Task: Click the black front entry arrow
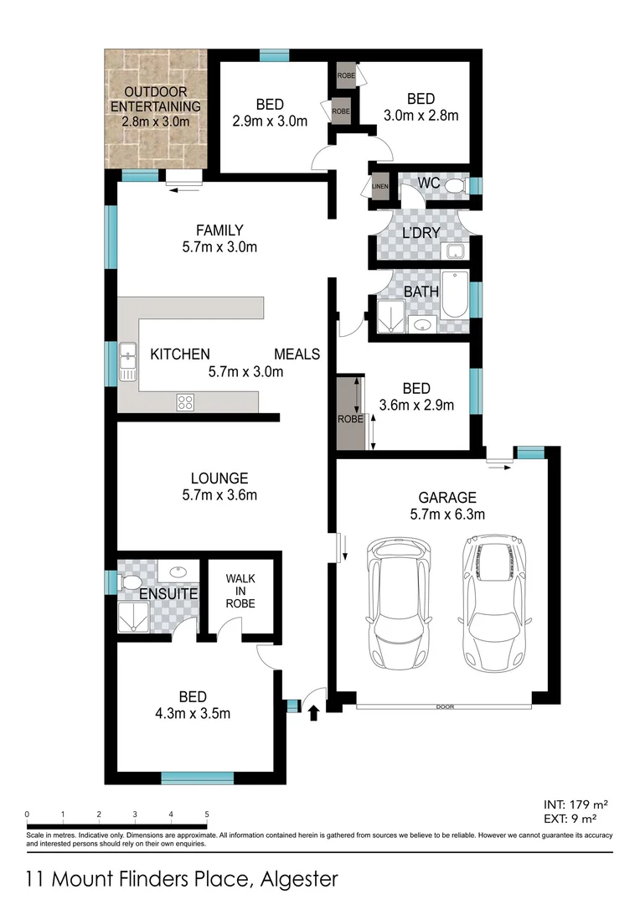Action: (315, 713)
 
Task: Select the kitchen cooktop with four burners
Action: (185, 402)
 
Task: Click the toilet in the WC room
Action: (455, 185)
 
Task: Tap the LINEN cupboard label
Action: (379, 186)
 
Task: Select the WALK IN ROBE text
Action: (240, 591)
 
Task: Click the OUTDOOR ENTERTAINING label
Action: (156, 99)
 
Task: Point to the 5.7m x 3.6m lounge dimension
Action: (219, 495)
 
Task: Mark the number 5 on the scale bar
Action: (206, 814)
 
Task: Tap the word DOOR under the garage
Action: (445, 707)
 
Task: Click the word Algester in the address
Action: (299, 879)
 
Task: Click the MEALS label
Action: (297, 354)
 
